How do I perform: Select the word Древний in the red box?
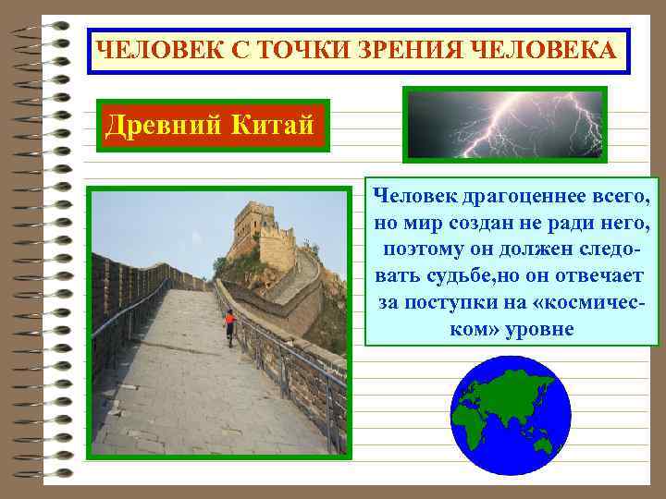(x=155, y=123)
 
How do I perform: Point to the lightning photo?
(x=504, y=122)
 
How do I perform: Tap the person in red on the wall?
(x=229, y=325)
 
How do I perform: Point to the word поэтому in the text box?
(x=426, y=250)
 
